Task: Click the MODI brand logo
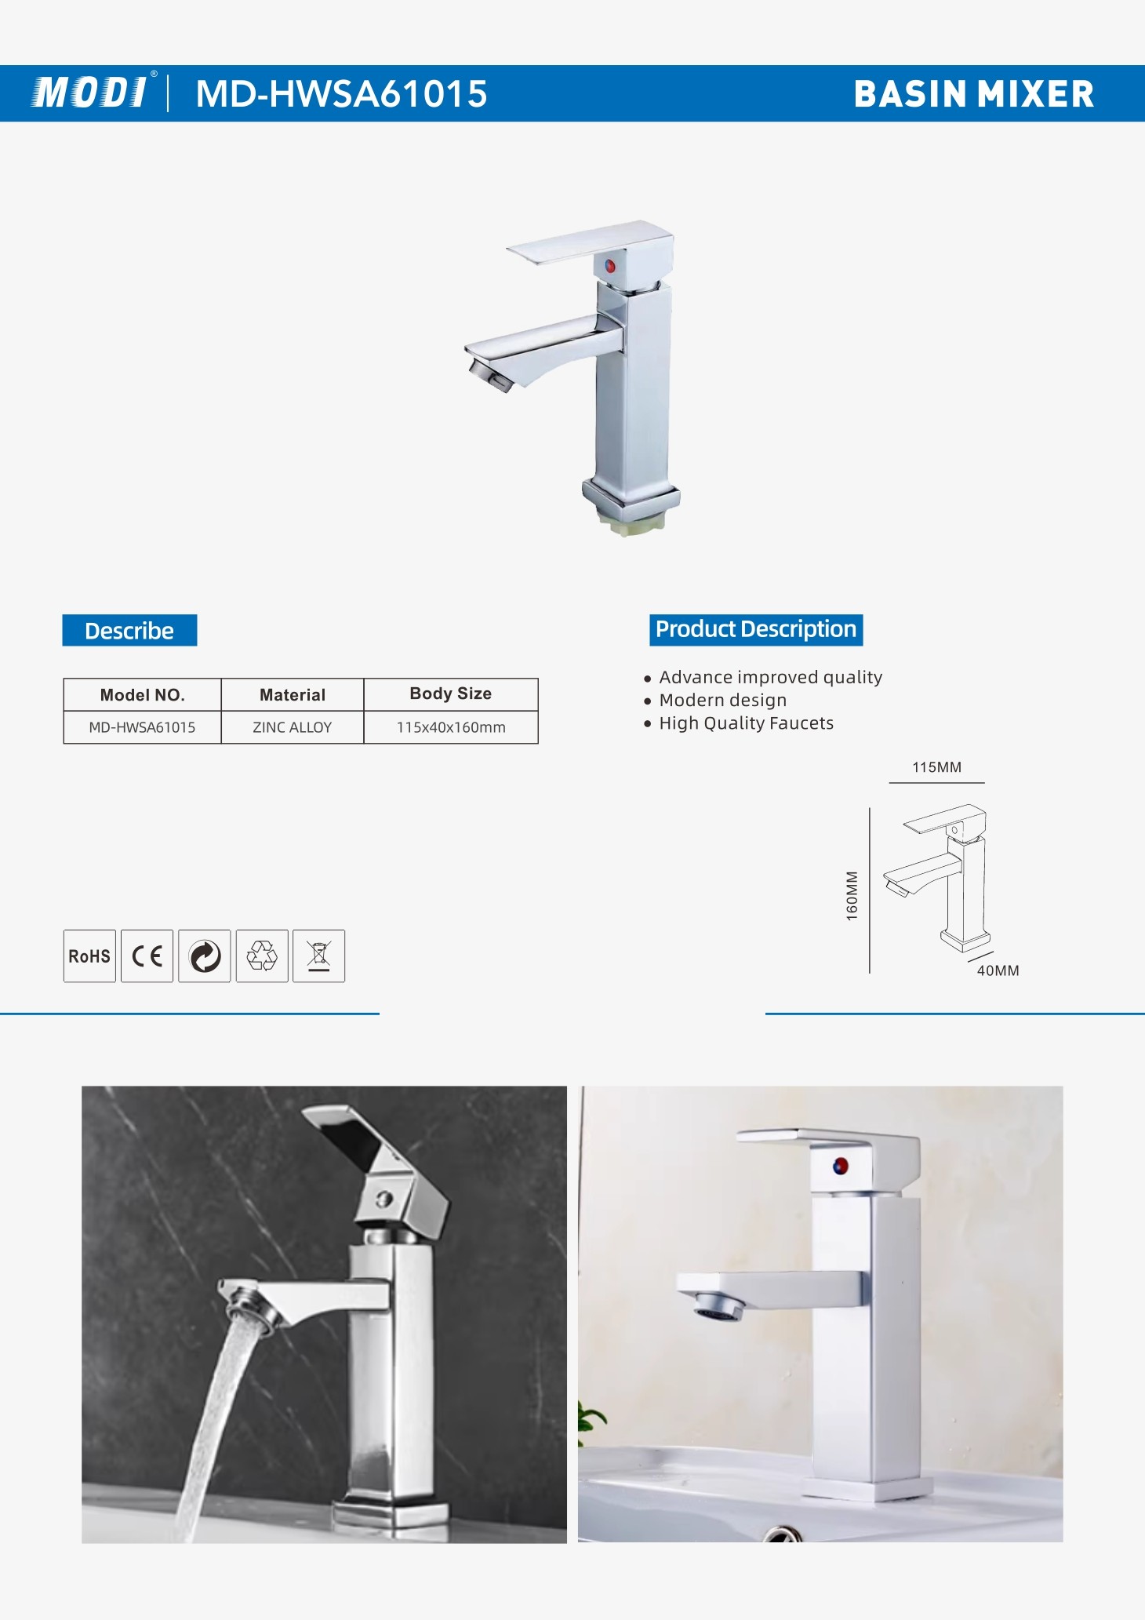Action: tap(90, 93)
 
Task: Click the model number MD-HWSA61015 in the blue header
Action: tap(341, 93)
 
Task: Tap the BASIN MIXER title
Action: tap(973, 94)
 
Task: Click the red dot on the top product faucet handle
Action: tap(609, 266)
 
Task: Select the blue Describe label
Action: tap(129, 631)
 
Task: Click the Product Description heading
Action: tap(756, 630)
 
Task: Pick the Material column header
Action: tap(293, 695)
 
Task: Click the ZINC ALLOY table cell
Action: tap(293, 727)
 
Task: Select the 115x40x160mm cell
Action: tap(451, 727)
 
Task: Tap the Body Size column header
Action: tap(451, 694)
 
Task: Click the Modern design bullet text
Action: tap(723, 700)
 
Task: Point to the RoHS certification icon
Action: tap(89, 956)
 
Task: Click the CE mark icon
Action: tap(147, 956)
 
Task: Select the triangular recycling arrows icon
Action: tap(262, 956)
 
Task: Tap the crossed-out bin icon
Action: tap(318, 956)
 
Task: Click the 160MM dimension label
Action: tap(852, 895)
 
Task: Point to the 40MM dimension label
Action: tap(998, 970)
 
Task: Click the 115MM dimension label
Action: tap(936, 767)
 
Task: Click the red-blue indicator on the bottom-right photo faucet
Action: tap(840, 1166)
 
